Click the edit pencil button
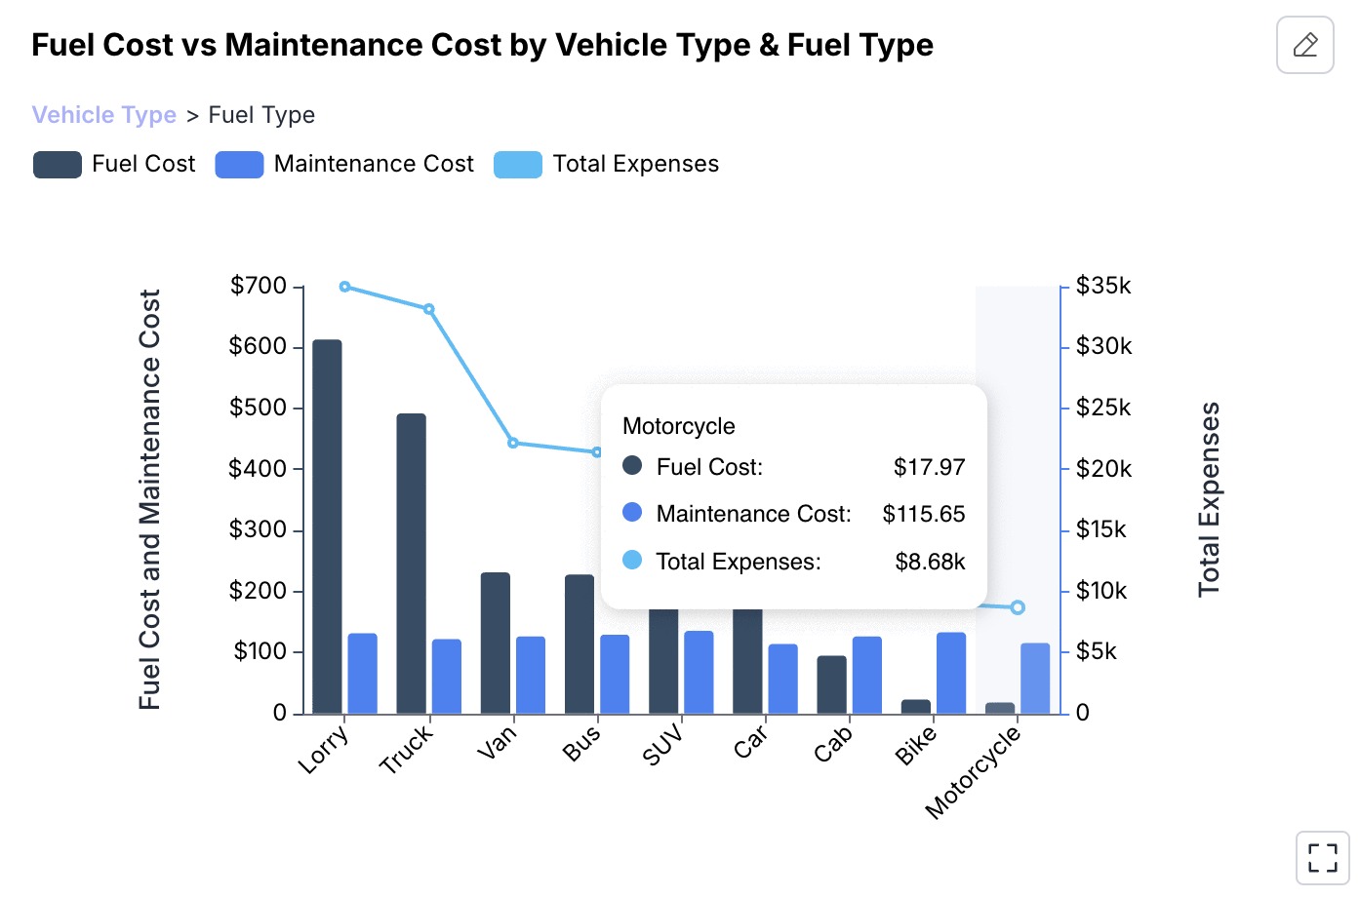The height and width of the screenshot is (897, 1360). click(1304, 45)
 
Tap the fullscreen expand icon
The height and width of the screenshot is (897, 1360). click(1322, 858)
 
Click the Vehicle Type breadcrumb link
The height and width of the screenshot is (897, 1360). click(104, 115)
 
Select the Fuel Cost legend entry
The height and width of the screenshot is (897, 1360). click(114, 164)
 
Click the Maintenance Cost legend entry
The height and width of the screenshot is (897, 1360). click(344, 164)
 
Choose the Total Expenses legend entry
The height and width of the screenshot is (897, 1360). click(606, 164)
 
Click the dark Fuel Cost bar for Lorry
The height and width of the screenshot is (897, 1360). click(328, 526)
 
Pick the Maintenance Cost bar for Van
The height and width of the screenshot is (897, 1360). click(531, 675)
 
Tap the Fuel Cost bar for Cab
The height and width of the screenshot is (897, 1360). click(832, 684)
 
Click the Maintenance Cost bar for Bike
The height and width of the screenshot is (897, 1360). click(951, 673)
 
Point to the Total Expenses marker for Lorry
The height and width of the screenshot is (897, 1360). click(345, 287)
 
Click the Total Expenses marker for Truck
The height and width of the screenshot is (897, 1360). click(428, 309)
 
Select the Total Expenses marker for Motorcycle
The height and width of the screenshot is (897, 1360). click(1018, 607)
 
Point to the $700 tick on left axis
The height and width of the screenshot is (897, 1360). click(259, 286)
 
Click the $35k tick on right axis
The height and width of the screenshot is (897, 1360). click(1103, 286)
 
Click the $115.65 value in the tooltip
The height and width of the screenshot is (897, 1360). click(923, 514)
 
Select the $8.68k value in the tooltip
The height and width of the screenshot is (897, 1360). click(930, 562)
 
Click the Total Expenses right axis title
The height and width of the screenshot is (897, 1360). click(1209, 498)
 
